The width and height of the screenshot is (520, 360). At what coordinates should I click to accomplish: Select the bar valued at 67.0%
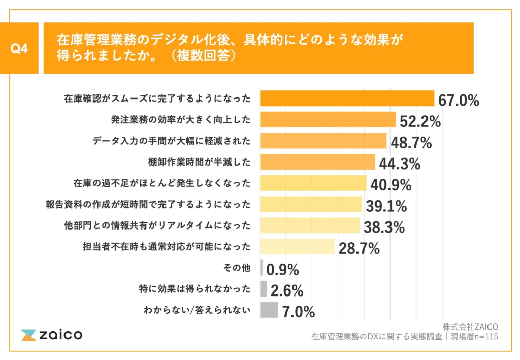(347, 99)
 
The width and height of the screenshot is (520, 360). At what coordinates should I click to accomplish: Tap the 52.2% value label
(419, 121)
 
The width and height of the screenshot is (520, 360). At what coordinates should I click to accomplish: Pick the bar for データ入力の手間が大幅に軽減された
(323, 141)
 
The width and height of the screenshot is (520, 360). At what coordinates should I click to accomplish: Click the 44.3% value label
(399, 163)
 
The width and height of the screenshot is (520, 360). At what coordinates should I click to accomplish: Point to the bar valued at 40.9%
(313, 183)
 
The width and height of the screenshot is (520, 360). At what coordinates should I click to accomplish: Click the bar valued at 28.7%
(297, 247)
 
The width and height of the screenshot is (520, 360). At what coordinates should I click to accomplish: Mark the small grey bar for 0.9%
(261, 268)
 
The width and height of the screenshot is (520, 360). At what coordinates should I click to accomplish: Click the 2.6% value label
(287, 290)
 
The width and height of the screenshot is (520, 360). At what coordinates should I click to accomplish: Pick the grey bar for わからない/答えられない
(269, 310)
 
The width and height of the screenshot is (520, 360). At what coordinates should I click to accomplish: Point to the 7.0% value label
(299, 311)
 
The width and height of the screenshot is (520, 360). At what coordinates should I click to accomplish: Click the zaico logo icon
(28, 335)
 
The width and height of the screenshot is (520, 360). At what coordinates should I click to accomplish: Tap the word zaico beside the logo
(60, 335)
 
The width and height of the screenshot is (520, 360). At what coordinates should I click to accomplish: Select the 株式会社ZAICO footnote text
(470, 326)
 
